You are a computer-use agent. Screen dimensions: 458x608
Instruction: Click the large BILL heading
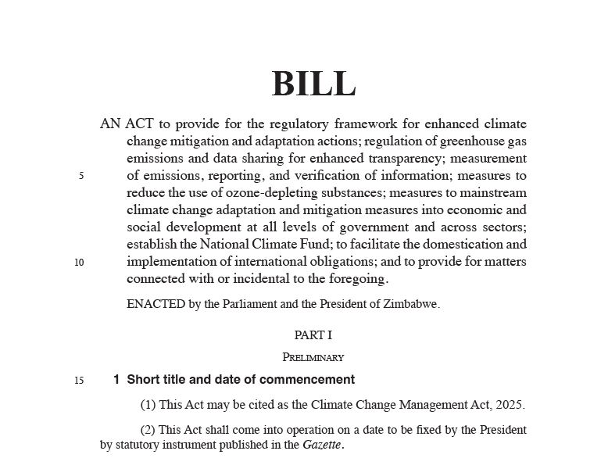pyautogui.click(x=313, y=84)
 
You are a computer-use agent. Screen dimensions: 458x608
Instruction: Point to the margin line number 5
pyautogui.click(x=81, y=176)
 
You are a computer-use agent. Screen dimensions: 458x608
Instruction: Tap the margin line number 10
pyautogui.click(x=79, y=263)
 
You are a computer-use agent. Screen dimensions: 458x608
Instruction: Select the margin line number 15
pyautogui.click(x=79, y=381)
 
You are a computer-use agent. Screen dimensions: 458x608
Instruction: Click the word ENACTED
pyautogui.click(x=156, y=305)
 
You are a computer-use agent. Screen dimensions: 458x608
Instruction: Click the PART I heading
pyautogui.click(x=313, y=335)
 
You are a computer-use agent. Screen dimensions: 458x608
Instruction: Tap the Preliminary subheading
pyautogui.click(x=313, y=357)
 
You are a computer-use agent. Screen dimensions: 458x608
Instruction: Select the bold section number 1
pyautogui.click(x=116, y=380)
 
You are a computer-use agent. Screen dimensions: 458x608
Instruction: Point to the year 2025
pyautogui.click(x=509, y=405)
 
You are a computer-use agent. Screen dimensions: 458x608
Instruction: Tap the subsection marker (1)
pyautogui.click(x=148, y=405)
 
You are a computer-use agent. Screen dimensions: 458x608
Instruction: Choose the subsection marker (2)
pyautogui.click(x=148, y=430)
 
